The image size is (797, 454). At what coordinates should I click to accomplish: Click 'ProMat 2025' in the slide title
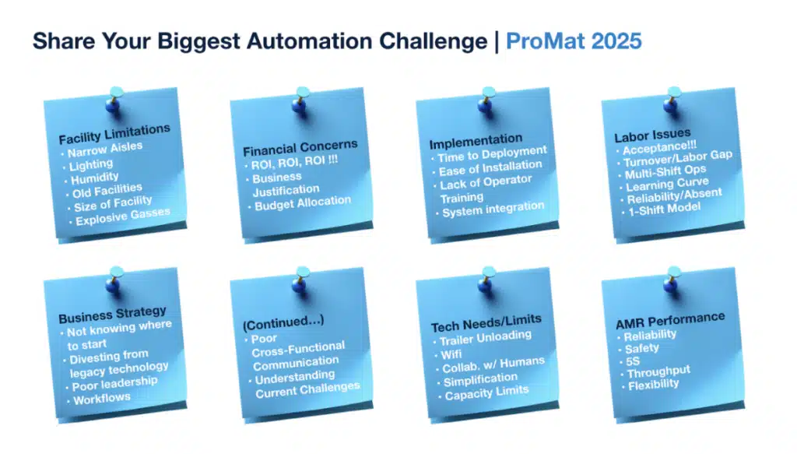coord(574,41)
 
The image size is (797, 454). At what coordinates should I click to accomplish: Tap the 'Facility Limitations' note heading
coord(114,134)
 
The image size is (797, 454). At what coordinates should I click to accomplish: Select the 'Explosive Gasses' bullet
coord(122,216)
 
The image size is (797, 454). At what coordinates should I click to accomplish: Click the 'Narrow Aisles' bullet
coord(105,149)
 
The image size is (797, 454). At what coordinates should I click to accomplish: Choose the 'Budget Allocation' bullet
coord(303,202)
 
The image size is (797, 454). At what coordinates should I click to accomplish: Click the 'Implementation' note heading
coord(476,141)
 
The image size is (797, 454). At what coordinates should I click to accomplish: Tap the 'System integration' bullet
coord(493,209)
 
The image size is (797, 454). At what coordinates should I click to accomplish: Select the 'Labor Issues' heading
coord(653,135)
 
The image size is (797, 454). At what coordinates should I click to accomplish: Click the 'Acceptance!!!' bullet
coord(660,148)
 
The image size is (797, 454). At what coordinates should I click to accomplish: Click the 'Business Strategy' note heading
coord(112,315)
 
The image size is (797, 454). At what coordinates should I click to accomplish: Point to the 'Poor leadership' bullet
coord(114,383)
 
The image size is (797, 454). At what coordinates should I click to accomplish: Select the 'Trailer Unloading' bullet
coord(486,337)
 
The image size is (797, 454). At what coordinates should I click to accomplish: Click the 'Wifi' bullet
coord(451,354)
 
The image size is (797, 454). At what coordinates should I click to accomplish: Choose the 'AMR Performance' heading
coord(670,320)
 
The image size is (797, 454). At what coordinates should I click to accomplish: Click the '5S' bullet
coord(633,361)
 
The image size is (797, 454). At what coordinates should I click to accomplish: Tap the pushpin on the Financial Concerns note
coord(301,100)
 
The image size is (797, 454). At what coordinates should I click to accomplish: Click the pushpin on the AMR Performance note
coord(672,280)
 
